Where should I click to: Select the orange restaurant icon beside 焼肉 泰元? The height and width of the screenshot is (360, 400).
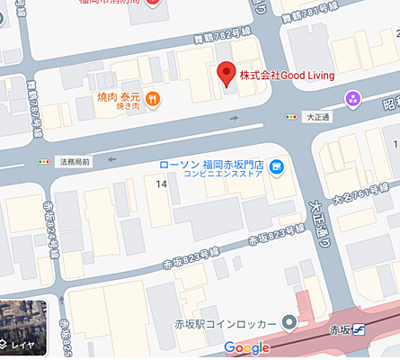click(154, 98)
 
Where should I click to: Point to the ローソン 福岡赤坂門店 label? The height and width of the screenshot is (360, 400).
click(209, 166)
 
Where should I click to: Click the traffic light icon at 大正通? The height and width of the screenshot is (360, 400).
click(290, 117)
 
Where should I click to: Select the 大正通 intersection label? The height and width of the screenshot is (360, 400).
click(318, 117)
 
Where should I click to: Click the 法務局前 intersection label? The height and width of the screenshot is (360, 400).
click(73, 162)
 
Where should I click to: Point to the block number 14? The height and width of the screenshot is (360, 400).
click(161, 184)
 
